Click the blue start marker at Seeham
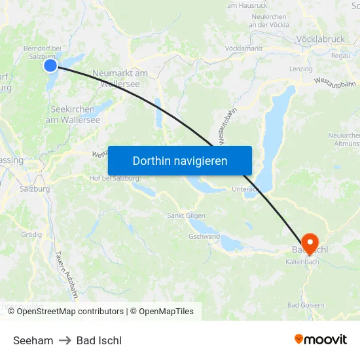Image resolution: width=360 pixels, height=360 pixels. (x=50, y=65)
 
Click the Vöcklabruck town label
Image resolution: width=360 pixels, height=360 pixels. (x=320, y=39)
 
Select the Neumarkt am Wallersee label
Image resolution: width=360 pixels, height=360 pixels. (x=120, y=79)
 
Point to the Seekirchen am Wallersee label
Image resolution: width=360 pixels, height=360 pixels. (x=73, y=115)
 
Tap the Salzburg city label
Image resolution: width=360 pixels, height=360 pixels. (x=35, y=189)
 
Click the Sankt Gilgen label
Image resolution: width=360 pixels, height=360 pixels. (x=186, y=216)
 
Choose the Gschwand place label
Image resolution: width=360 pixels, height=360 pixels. (x=204, y=236)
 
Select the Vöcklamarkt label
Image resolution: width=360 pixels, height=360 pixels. (x=243, y=48)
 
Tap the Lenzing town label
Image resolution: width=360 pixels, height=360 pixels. (x=300, y=69)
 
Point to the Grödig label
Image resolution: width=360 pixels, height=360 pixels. (x=31, y=234)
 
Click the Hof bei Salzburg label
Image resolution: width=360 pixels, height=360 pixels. (x=115, y=178)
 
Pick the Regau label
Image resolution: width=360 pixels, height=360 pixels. (x=341, y=56)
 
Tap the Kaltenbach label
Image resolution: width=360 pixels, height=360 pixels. (x=302, y=262)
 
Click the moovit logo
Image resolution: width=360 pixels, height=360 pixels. (x=320, y=340)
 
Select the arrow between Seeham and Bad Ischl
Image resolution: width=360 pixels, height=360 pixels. (x=65, y=340)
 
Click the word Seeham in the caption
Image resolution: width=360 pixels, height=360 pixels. (x=33, y=340)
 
